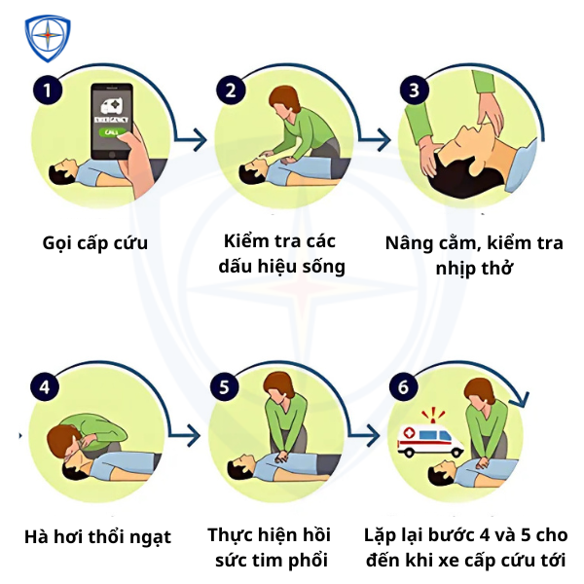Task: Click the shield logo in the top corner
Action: [47, 38]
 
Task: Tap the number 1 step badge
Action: [47, 91]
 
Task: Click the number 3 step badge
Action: [415, 91]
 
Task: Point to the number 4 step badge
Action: [43, 385]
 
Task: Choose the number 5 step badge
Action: [225, 386]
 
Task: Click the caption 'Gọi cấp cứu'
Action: [95, 242]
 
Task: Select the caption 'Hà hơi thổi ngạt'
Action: [97, 536]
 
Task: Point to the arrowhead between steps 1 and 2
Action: [201, 140]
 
